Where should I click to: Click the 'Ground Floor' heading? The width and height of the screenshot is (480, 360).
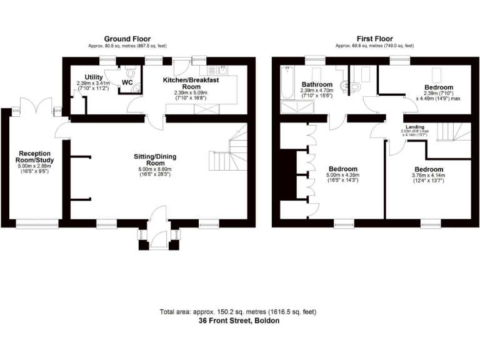coord(127,39)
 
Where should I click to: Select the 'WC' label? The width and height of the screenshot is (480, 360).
coord(127,82)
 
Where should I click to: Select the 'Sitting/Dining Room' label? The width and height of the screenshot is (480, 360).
coord(158,159)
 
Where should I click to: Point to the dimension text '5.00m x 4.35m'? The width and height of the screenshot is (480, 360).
coord(343,176)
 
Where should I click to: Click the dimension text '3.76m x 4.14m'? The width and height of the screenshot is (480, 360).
coord(428,176)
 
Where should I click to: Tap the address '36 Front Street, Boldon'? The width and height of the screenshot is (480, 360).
coord(239,320)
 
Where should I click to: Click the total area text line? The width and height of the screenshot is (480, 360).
coord(239,311)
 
